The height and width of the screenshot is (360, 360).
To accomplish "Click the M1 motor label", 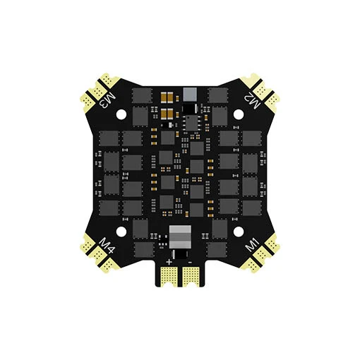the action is [x=253, y=245].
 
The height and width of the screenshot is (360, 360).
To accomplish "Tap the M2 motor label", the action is [x=252, y=100].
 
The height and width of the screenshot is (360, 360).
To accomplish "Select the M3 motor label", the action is [x=107, y=100].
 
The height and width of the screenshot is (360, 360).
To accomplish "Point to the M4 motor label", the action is [x=107, y=246].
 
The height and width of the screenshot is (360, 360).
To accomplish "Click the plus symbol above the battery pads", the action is [x=169, y=262].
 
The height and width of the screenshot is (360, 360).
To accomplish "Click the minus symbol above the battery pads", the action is [x=190, y=263].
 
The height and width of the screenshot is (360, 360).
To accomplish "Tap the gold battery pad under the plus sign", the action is [x=169, y=277].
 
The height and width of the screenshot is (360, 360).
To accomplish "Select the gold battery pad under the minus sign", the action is [x=191, y=277].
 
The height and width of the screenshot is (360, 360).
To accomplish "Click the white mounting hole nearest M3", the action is [x=121, y=114].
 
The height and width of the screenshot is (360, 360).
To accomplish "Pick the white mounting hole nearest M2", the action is [x=239, y=114].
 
